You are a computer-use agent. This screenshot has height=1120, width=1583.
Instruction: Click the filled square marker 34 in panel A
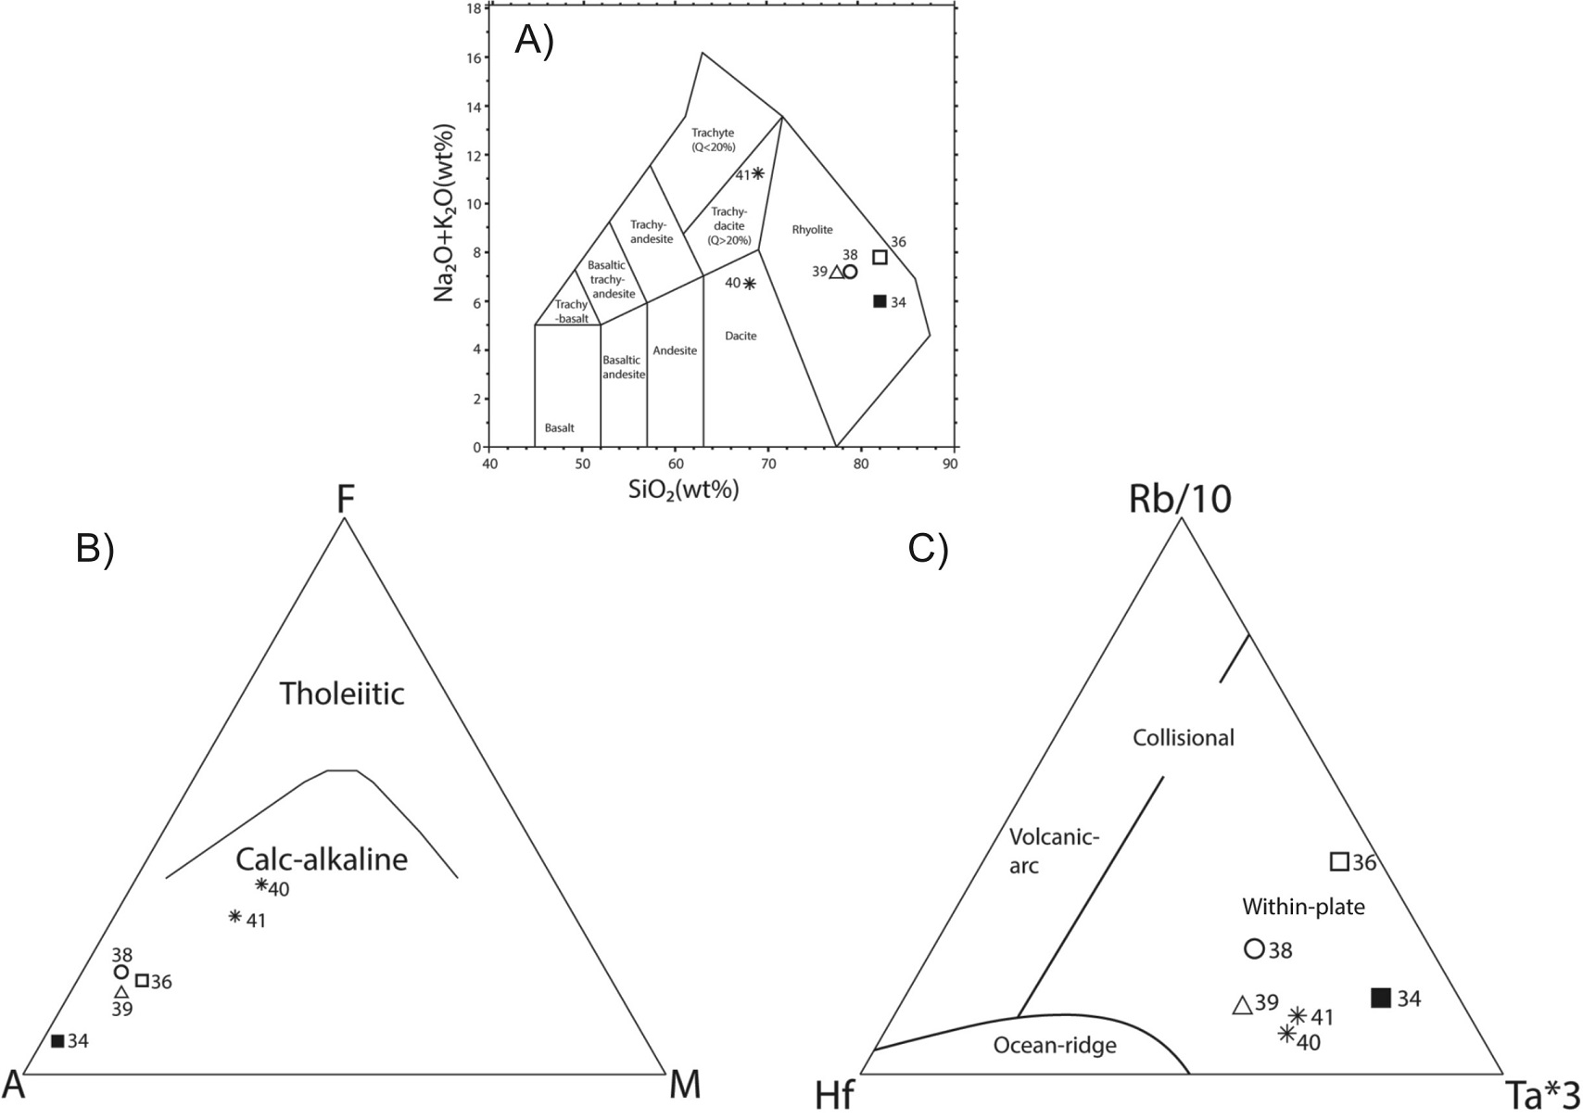pyautogui.click(x=880, y=300)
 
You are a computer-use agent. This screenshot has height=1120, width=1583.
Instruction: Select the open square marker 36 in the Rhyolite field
pyautogui.click(x=880, y=257)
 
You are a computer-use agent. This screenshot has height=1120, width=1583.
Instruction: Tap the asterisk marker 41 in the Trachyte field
pyautogui.click(x=758, y=173)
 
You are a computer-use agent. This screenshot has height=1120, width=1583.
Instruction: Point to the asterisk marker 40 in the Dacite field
pyautogui.click(x=749, y=284)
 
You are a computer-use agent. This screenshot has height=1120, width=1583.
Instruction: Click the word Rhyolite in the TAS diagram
pyautogui.click(x=813, y=229)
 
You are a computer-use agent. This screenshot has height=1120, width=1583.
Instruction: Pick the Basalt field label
pyautogui.click(x=559, y=428)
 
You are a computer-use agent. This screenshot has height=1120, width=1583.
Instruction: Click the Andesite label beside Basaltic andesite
pyautogui.click(x=675, y=350)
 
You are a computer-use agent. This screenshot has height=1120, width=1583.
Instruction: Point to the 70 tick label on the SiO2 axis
pyautogui.click(x=768, y=464)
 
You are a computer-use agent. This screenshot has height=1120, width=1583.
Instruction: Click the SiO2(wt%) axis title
pyautogui.click(x=684, y=490)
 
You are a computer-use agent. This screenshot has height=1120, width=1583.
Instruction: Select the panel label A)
pyautogui.click(x=535, y=41)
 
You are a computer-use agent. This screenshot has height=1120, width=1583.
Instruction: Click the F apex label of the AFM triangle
pyautogui.click(x=345, y=500)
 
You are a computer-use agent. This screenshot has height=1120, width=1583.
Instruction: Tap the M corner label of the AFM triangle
pyautogui.click(x=685, y=1085)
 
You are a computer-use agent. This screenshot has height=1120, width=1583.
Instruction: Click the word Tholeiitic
pyautogui.click(x=342, y=694)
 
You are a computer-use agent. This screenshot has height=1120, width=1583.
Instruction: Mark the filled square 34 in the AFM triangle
pyautogui.click(x=57, y=1040)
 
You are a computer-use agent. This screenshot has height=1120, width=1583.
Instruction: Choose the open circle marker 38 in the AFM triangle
pyautogui.click(x=120, y=972)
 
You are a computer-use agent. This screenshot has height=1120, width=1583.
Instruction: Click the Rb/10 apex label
pyautogui.click(x=1180, y=500)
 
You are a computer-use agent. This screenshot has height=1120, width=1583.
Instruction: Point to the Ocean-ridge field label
pyautogui.click(x=1055, y=1046)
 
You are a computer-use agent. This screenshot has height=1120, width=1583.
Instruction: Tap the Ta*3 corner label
pyautogui.click(x=1542, y=1097)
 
